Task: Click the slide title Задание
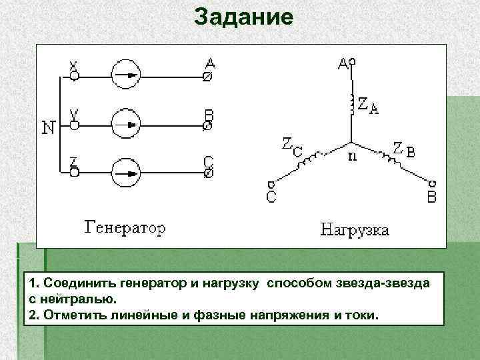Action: point(243,17)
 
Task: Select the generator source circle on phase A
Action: point(125,76)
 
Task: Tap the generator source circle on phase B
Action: point(125,124)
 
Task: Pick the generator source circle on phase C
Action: point(125,173)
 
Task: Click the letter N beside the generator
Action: point(49,127)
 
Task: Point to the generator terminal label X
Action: point(75,66)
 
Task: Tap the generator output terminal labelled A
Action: point(208,76)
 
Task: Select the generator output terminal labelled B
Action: point(208,124)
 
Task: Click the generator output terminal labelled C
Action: point(208,173)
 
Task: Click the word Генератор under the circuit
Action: point(125,229)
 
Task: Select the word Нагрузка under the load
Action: point(356,231)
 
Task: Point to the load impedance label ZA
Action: point(368,105)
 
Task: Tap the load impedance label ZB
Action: point(403,149)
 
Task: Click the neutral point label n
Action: point(353,157)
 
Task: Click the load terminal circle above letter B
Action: point(432,183)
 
